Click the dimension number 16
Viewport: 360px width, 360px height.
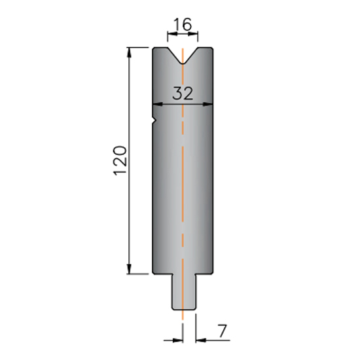click(x=183, y=24)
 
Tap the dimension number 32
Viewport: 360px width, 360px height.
click(x=183, y=93)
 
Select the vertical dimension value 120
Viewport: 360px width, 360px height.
click(x=120, y=160)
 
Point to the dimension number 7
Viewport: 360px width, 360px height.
click(x=222, y=331)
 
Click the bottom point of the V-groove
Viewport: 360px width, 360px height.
click(x=183, y=63)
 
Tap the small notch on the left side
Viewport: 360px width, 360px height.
click(x=155, y=120)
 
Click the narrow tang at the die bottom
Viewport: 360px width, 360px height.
click(x=184, y=292)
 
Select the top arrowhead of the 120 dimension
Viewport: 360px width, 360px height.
click(x=129, y=52)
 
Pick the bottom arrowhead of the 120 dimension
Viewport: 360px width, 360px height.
click(x=129, y=269)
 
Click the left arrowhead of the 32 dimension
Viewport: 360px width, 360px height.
click(x=158, y=105)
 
